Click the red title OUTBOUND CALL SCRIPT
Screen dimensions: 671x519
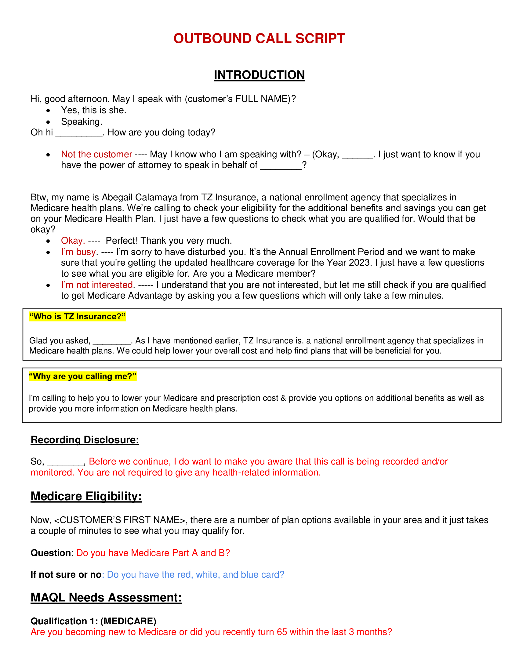[x=259, y=39]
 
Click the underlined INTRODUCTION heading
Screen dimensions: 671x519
[x=259, y=75]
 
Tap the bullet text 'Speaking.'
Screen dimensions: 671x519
[x=82, y=122]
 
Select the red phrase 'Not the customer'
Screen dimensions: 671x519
[x=96, y=154]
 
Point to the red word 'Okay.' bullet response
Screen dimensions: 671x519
[x=73, y=241]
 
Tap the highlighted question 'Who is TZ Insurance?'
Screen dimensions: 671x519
[x=78, y=317]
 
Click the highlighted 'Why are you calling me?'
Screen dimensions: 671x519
[x=82, y=376]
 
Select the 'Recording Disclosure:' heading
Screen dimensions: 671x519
[x=85, y=440]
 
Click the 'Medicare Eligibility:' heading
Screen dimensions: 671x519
[x=86, y=497]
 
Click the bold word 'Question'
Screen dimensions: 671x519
[x=51, y=553]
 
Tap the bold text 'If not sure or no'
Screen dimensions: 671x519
[x=66, y=575]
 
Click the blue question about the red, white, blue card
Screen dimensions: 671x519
[x=196, y=575]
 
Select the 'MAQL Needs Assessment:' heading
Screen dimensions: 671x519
[x=106, y=597]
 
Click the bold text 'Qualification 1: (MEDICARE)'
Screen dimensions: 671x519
[x=93, y=621]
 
